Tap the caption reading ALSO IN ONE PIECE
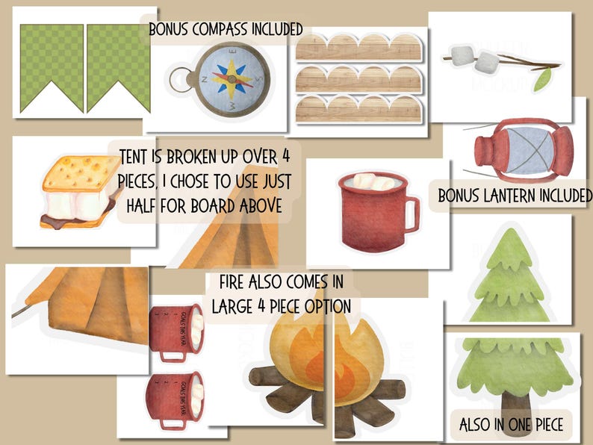coord(511,426)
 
